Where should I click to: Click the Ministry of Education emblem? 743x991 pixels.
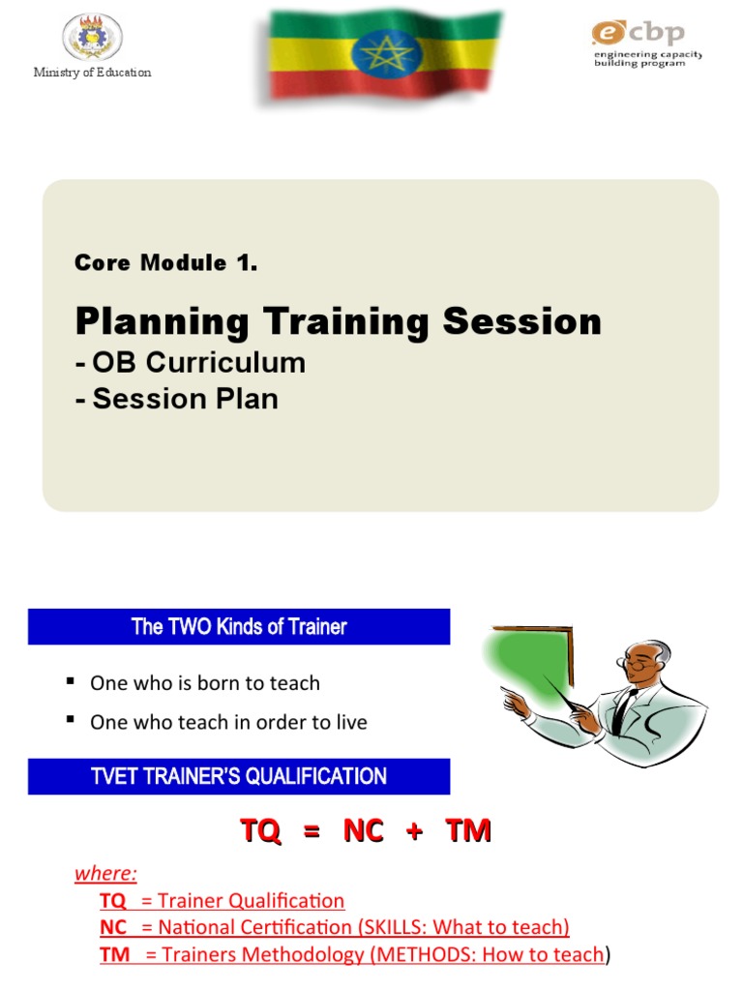93,38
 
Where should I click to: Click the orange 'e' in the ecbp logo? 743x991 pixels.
606,33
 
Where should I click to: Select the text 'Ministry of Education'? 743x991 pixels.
93,73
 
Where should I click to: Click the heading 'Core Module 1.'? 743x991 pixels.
165,263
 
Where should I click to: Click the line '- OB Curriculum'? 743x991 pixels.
190,363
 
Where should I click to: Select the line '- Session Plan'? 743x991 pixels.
176,398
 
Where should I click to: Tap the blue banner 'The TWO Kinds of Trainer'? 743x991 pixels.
239,627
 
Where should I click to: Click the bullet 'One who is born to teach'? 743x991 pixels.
204,683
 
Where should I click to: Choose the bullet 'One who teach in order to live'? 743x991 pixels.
228,722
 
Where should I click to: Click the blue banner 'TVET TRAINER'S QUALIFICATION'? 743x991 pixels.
239,776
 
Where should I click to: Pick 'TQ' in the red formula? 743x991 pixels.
260,830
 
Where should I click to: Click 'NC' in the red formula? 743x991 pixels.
363,830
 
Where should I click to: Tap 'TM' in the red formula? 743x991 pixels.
468,830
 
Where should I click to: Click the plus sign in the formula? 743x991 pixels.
415,831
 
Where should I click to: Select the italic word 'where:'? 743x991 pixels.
106,874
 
